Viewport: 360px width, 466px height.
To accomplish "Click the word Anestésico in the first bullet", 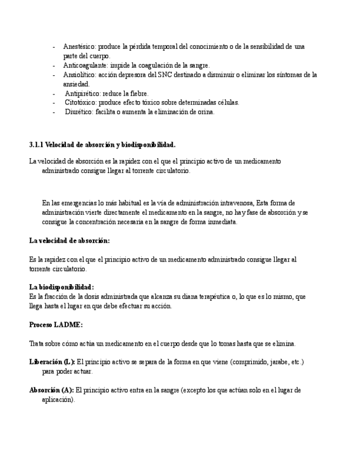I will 79,47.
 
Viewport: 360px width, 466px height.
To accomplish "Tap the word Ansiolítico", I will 80,75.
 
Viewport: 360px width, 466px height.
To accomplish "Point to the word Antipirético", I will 83,93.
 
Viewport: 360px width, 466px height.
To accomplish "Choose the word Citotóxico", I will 82,103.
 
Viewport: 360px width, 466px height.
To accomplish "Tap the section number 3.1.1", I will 36,145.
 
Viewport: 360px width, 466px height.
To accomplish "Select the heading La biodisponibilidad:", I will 61,287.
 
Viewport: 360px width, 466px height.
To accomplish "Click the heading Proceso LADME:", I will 56,325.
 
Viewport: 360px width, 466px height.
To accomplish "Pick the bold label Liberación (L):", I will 52,362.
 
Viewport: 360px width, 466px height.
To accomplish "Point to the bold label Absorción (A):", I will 51,390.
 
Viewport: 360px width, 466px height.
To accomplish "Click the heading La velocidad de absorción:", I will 69,241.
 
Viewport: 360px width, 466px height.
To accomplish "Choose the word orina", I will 204,112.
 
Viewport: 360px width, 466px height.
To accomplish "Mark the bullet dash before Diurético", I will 54,112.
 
